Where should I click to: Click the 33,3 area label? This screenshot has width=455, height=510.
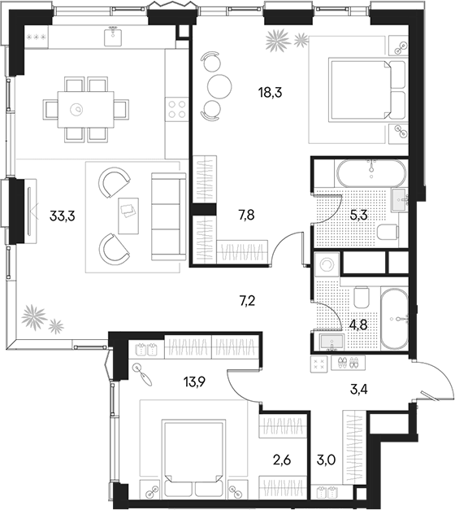[62, 216]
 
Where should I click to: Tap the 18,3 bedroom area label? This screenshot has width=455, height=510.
[270, 93]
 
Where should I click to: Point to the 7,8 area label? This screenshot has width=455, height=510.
[246, 215]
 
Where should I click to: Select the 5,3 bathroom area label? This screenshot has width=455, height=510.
[358, 215]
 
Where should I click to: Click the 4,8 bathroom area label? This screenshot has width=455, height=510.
[358, 325]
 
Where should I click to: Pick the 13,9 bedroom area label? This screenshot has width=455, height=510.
[195, 382]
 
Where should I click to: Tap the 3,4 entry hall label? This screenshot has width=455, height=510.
[359, 389]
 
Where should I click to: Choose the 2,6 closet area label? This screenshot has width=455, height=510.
[282, 460]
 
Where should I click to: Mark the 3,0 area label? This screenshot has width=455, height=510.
[326, 460]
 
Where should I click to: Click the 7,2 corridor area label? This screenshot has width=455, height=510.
[247, 301]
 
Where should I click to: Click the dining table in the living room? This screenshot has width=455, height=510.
[86, 109]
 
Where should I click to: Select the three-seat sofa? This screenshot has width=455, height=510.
[168, 216]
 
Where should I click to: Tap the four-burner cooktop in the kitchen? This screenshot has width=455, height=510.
[177, 109]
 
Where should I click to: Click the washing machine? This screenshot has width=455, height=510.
[327, 264]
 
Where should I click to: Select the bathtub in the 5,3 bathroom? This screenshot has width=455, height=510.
[371, 173]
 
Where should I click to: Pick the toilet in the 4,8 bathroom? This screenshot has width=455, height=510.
[362, 297]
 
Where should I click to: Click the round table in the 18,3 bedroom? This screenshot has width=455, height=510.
[219, 86]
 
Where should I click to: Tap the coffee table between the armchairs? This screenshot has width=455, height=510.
[128, 216]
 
